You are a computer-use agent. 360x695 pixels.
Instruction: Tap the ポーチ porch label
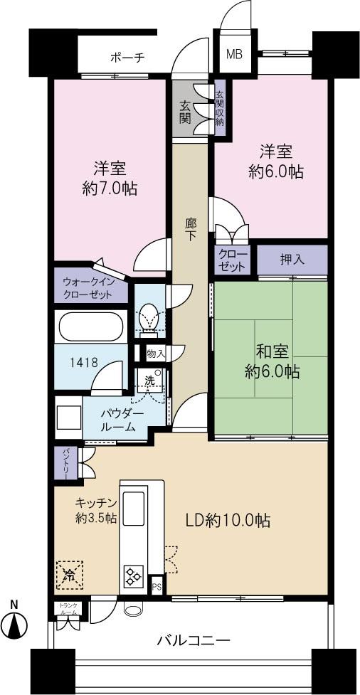pyautogui.click(x=127, y=58)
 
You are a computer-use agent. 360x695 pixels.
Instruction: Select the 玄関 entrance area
pyautogui.click(x=185, y=111)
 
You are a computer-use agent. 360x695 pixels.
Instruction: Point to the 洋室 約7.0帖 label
pyautogui.click(x=110, y=179)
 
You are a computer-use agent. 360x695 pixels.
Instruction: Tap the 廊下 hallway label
pyautogui.click(x=191, y=230)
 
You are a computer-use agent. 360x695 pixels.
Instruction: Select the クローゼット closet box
pyautogui.click(x=231, y=260)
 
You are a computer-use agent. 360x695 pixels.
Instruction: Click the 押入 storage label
pyautogui.click(x=292, y=260)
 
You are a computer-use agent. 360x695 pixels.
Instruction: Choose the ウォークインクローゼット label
pyautogui.click(x=90, y=287)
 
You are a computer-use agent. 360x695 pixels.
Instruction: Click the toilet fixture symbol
pyautogui.click(x=149, y=317)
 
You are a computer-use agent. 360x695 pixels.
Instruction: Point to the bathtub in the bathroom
pyautogui.click(x=90, y=328)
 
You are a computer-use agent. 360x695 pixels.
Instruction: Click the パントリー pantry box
pyautogui.click(x=62, y=462)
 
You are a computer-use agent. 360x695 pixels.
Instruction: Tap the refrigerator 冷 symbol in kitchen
pyautogui.click(x=70, y=573)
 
